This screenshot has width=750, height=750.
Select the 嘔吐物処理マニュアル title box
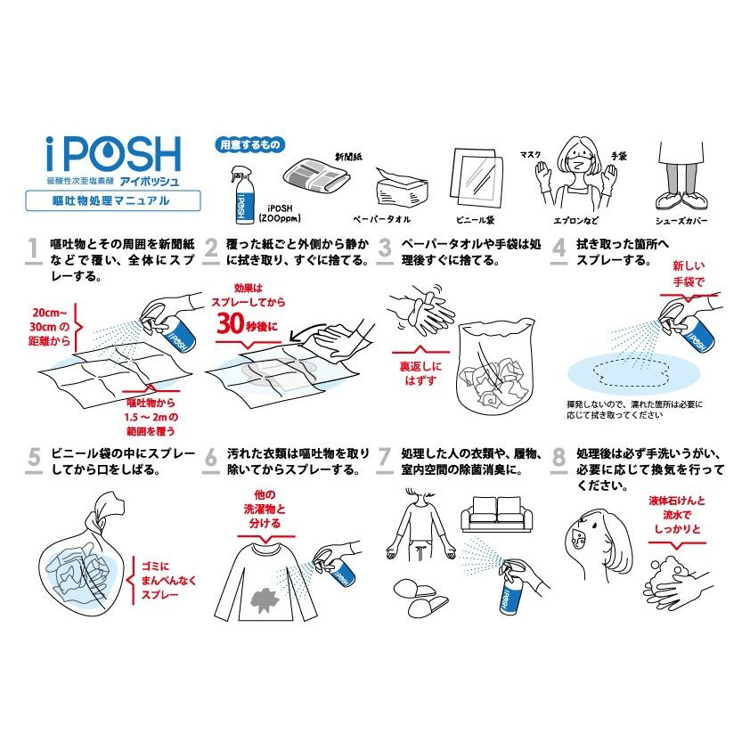click(111, 201)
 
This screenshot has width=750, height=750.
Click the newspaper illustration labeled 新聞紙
click(313, 174)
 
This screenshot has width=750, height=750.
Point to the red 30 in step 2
click(232, 326)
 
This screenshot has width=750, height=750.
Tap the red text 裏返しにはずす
click(420, 371)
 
